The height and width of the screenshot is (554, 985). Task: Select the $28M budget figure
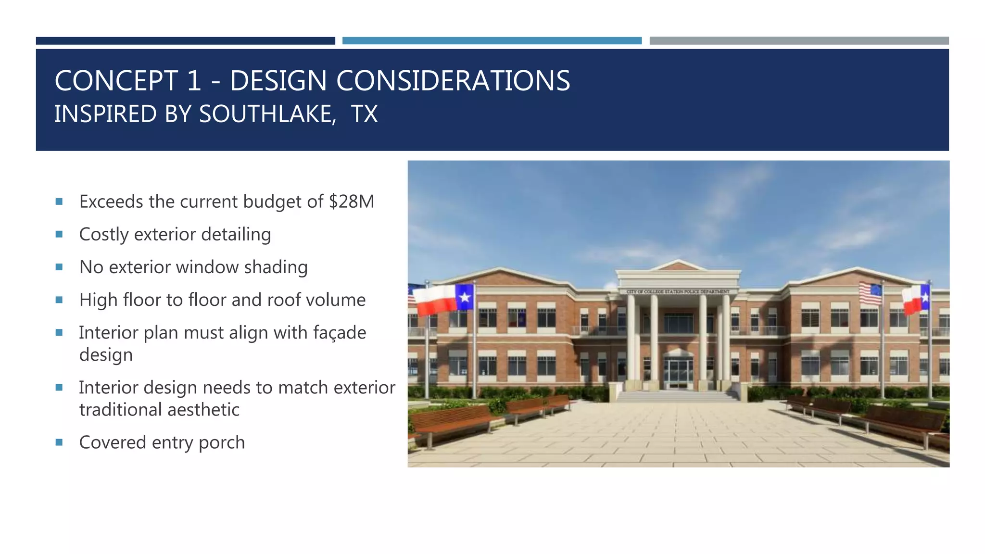[351, 201]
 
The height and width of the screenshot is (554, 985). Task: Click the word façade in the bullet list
[340, 333]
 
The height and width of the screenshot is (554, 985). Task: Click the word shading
[276, 267]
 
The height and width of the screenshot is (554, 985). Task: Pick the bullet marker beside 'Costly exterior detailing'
[59, 235]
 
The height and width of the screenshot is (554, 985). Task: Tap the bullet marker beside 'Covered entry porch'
[59, 442]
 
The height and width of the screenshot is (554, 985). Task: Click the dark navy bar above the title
[185, 41]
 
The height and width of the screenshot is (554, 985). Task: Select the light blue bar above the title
[492, 41]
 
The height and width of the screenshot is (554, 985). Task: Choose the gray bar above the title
[799, 41]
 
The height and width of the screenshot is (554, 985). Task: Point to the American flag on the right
[871, 293]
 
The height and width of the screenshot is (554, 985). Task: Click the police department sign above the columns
[678, 291]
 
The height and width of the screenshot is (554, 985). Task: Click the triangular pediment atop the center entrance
[678, 265]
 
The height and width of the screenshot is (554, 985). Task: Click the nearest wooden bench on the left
[450, 421]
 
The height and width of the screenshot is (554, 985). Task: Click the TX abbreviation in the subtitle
[364, 114]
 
